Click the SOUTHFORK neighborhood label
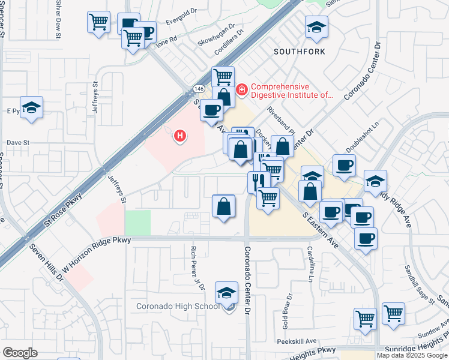300,52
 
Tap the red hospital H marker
179,136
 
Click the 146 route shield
199,89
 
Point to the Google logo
20,353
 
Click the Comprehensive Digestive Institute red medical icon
242,90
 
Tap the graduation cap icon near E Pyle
31,108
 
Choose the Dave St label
18,143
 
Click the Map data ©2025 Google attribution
411,355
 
